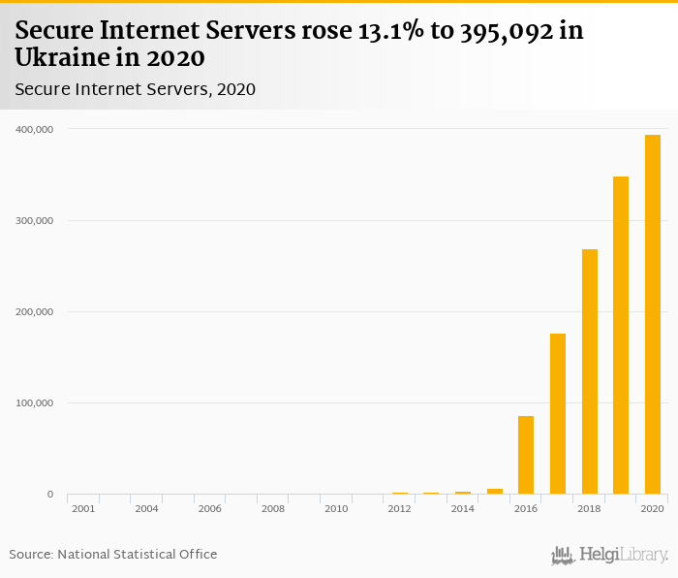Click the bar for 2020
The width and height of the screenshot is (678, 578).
653,314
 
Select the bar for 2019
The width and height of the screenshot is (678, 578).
621,336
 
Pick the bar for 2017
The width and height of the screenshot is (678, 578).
558,414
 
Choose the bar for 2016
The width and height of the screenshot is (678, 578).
526,455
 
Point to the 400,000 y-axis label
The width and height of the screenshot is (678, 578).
33,129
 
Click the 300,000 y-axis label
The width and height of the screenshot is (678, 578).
33,220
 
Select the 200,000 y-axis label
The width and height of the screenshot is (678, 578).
33,311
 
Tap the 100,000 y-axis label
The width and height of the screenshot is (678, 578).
33,402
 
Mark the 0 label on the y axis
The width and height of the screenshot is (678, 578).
50,495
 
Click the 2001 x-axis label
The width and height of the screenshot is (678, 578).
83,508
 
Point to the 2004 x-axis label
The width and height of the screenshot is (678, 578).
146,508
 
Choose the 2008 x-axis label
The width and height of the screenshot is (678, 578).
273,508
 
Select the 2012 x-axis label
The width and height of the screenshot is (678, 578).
399,508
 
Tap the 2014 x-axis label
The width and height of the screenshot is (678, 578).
463,508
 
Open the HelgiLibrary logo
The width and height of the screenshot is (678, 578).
609,555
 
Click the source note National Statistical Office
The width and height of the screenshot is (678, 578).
137,555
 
